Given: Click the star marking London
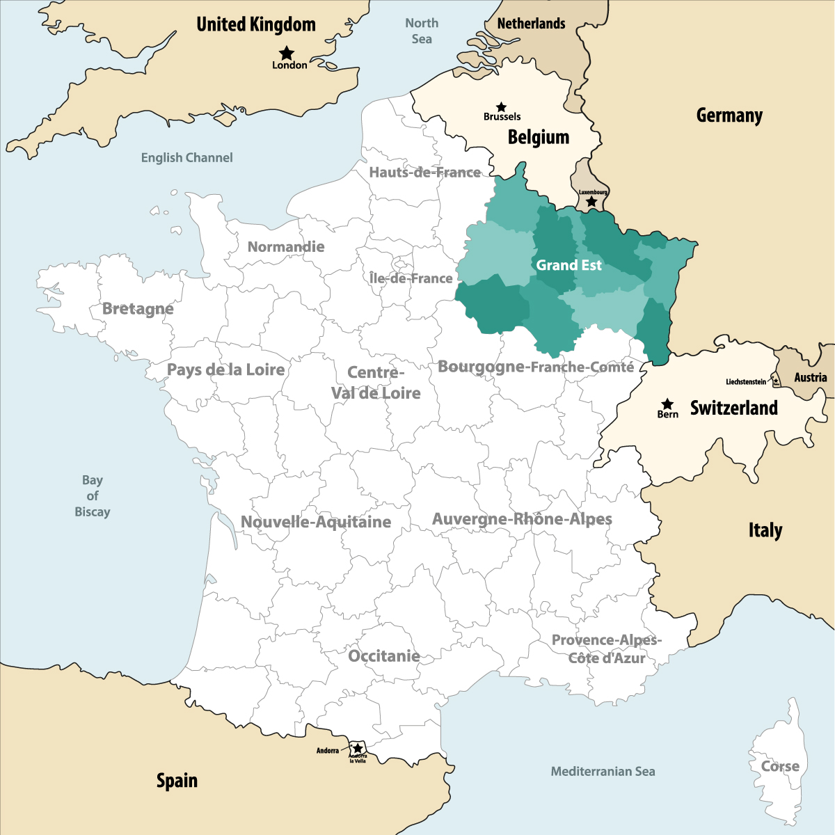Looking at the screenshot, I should pyautogui.click(x=286, y=53).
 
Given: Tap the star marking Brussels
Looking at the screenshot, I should pyautogui.click(x=501, y=107).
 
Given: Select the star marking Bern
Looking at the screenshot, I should pyautogui.click(x=667, y=404).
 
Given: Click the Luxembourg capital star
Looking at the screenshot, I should pyautogui.click(x=591, y=202).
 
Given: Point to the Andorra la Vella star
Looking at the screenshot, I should pyautogui.click(x=358, y=749).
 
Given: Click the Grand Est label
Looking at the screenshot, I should pyautogui.click(x=568, y=265).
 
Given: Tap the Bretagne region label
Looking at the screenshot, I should pyautogui.click(x=138, y=309).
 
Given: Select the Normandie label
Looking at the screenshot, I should pyautogui.click(x=286, y=247).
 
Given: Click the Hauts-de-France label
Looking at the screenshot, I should pyautogui.click(x=424, y=173).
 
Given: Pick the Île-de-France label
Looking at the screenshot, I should pyautogui.click(x=411, y=278).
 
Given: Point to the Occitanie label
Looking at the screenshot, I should pyautogui.click(x=383, y=656).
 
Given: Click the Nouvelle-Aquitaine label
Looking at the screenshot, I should pyautogui.click(x=316, y=522).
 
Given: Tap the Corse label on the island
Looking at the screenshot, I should pyautogui.click(x=780, y=766).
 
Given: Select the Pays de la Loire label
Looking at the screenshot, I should pyautogui.click(x=226, y=369).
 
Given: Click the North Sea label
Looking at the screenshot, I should pyautogui.click(x=422, y=31).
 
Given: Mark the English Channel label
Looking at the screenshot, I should pyautogui.click(x=186, y=158).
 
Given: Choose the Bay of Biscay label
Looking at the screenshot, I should pyautogui.click(x=93, y=496).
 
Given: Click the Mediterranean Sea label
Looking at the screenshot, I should pyautogui.click(x=603, y=772).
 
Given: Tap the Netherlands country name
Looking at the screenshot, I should pyautogui.click(x=531, y=24).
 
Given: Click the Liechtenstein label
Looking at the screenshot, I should pyautogui.click(x=745, y=382).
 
